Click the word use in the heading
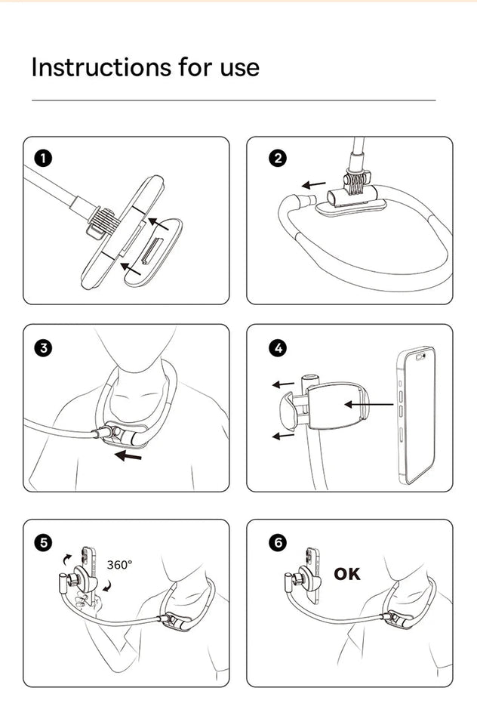point(238,68)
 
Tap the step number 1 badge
point(44,158)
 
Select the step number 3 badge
point(44,347)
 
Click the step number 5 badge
point(44,541)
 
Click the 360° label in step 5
point(119,565)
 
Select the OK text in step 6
point(347,574)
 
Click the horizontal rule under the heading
point(233,100)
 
